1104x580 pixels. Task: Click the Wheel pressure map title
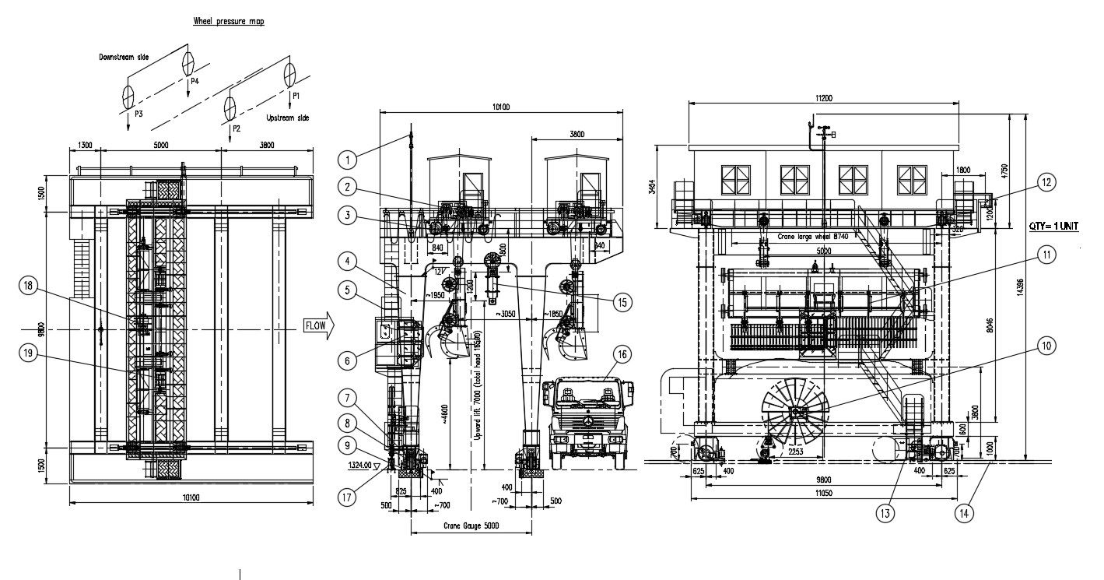[228, 22]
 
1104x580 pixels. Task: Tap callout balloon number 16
[622, 355]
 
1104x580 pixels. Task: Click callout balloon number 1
[349, 160]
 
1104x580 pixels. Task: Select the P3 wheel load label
[138, 114]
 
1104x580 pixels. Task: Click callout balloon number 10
[1047, 345]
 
